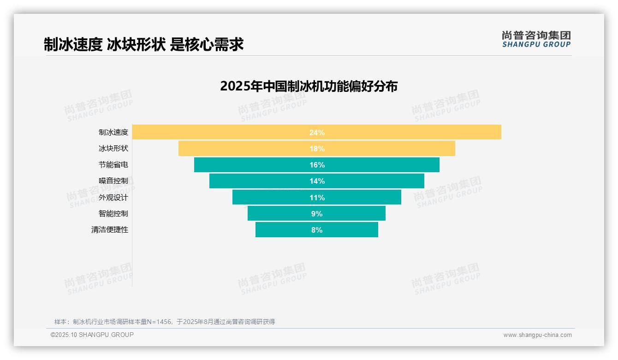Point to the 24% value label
(317, 132)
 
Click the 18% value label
(317, 149)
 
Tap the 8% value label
(317, 230)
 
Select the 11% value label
(317, 198)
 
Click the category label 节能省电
(113, 165)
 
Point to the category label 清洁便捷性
(109, 230)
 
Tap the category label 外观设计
(113, 198)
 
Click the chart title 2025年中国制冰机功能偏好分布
(309, 86)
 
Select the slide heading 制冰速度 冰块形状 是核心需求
(143, 44)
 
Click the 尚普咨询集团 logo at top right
(536, 39)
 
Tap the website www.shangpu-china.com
(537, 335)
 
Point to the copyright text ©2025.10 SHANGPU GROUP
(92, 335)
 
